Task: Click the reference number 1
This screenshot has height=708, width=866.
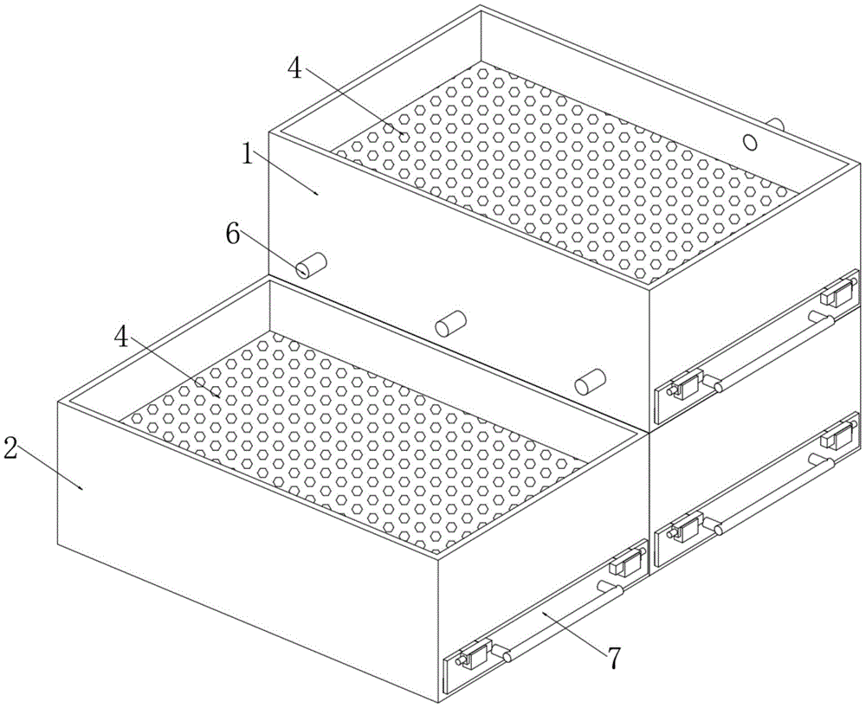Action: pos(248,156)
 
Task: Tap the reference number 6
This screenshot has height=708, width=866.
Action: pos(232,235)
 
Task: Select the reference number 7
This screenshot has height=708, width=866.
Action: pos(615,659)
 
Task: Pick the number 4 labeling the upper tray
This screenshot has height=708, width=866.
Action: pos(295,69)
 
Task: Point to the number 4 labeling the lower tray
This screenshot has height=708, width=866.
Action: pos(122,336)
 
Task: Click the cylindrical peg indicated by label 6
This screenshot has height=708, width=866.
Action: pos(311,265)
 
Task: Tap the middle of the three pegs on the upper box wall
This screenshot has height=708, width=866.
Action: pos(450,323)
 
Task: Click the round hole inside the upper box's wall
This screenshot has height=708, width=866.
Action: pos(749,142)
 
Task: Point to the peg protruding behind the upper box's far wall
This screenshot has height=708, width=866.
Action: pos(776,124)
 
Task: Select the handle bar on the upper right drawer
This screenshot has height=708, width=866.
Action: pos(773,351)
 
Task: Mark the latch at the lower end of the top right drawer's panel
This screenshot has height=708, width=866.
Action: pos(685,384)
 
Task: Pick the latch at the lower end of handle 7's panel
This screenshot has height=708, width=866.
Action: pos(474,655)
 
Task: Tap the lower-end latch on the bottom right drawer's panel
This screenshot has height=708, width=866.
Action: pos(685,527)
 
